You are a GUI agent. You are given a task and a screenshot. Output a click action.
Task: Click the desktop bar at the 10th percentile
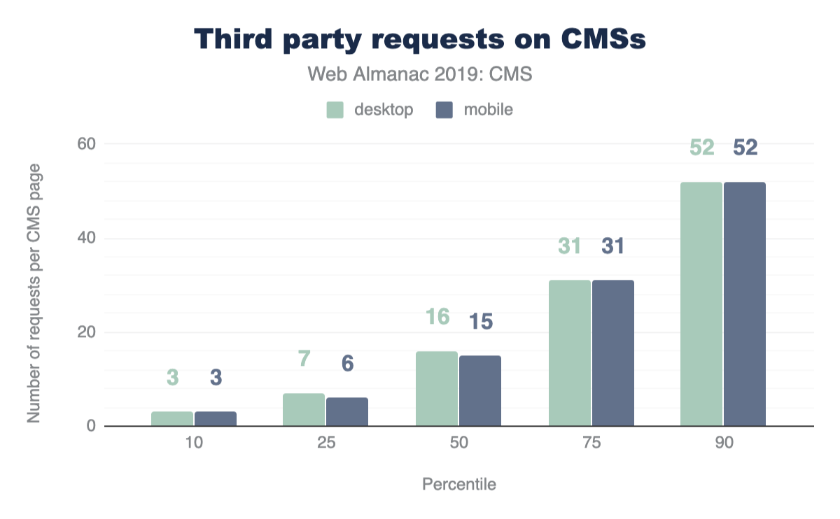click(172, 418)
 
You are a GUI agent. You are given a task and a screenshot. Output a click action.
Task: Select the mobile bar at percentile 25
click(347, 412)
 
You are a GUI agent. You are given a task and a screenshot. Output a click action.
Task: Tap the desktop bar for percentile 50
click(437, 389)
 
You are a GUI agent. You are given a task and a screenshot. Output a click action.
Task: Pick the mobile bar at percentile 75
click(613, 353)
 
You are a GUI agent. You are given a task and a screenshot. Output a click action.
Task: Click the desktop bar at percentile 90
click(701, 304)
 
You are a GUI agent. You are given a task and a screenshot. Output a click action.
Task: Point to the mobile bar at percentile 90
click(745, 304)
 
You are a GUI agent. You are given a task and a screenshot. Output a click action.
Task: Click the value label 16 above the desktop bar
click(437, 318)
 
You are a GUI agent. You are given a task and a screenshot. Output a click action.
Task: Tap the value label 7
click(304, 359)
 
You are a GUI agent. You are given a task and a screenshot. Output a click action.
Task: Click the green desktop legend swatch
click(335, 110)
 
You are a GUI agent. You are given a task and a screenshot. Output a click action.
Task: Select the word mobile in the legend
click(488, 110)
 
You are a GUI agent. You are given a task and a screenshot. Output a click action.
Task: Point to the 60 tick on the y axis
click(85, 144)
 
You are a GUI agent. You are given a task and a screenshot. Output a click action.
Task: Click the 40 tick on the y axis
click(85, 239)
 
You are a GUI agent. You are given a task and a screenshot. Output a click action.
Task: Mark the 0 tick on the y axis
click(90, 426)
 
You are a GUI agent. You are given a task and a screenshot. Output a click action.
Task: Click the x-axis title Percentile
click(458, 485)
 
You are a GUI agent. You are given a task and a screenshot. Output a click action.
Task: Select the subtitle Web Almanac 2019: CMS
click(420, 75)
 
